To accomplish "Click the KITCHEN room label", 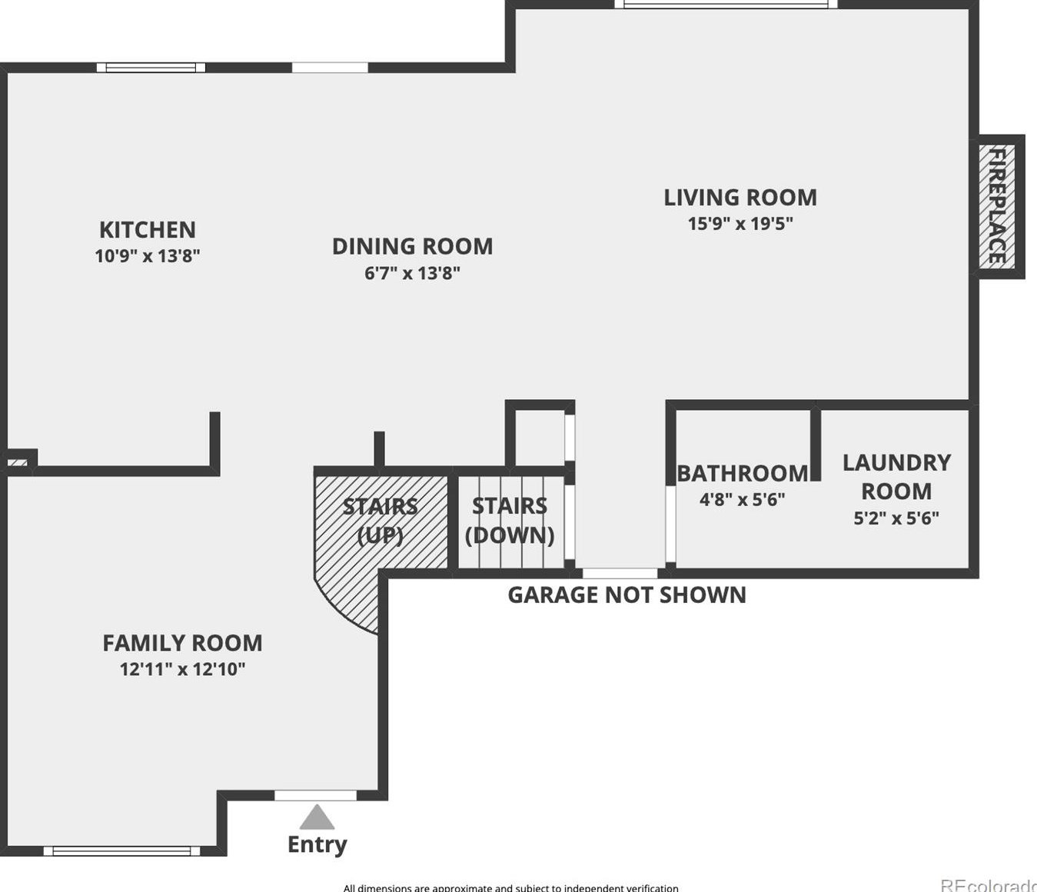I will click(148, 230).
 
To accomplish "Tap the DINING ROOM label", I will click(412, 247).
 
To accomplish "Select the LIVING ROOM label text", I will click(740, 198).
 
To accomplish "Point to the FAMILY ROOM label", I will click(182, 643).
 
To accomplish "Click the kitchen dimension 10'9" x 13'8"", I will click(148, 256).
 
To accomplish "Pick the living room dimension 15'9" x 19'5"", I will click(740, 224).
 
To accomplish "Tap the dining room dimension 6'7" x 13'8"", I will click(412, 273).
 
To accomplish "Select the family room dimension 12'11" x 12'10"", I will click(182, 669).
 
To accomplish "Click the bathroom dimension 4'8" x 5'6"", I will click(742, 500).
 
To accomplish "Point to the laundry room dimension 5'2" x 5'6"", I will click(896, 518).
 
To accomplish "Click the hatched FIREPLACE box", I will click(997, 206).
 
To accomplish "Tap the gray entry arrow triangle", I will click(317, 817).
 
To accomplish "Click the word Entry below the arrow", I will click(317, 844).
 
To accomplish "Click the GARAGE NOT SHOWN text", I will click(627, 595).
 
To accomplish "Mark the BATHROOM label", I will click(742, 474).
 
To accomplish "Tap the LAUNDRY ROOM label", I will click(896, 477).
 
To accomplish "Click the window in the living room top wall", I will click(726, 5).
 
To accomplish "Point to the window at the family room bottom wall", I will click(121, 850).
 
